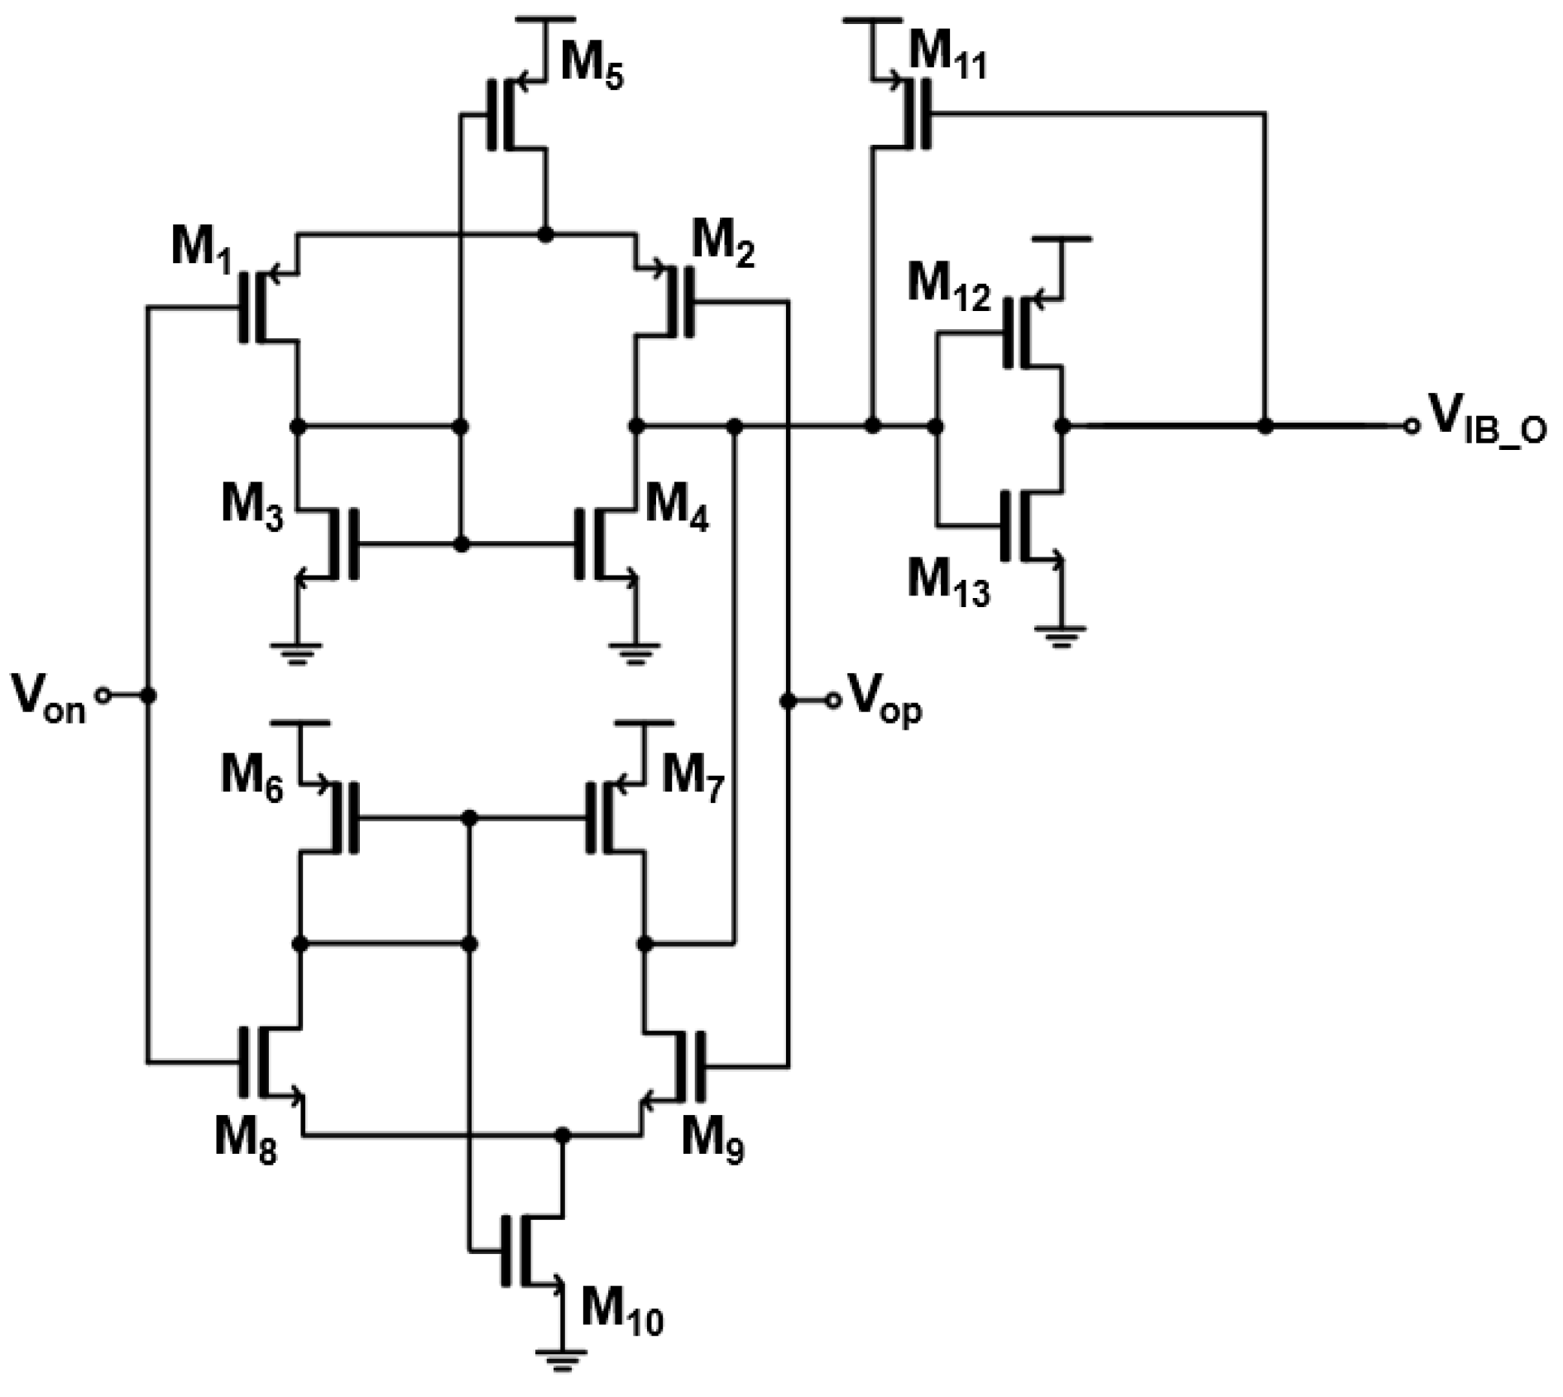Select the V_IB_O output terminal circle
point(1411,426)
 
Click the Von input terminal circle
point(103,696)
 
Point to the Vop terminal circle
point(833,701)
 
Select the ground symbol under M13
point(1061,635)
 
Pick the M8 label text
point(246,1140)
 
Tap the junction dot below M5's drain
point(544,235)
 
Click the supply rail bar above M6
point(300,723)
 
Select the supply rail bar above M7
point(645,723)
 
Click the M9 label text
point(712,1140)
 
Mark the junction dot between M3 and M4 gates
point(462,544)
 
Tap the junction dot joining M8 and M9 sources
point(563,1135)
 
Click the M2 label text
point(722,244)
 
